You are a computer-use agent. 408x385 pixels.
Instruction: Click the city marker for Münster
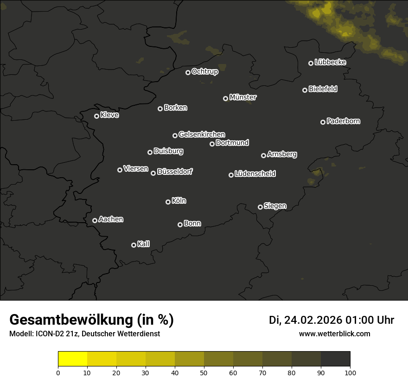(x=225, y=98)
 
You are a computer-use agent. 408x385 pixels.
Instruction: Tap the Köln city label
(x=179, y=201)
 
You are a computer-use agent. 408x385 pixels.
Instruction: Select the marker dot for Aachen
(x=95, y=220)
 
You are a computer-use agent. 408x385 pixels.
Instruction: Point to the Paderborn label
(x=343, y=121)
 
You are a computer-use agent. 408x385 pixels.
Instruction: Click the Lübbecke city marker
(x=311, y=63)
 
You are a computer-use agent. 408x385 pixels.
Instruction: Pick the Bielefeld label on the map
(x=323, y=89)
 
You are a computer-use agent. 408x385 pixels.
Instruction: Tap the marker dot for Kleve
(x=96, y=116)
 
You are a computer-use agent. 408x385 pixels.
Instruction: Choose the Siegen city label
(x=275, y=206)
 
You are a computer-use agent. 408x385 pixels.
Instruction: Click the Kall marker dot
(x=134, y=245)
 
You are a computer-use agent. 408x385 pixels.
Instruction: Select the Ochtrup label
(x=204, y=71)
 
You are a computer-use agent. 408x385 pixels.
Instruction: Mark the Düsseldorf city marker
(x=153, y=173)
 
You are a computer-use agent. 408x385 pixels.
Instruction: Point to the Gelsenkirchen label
(x=202, y=135)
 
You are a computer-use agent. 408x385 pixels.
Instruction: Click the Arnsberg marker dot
(x=263, y=155)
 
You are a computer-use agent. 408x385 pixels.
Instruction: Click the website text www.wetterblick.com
(x=335, y=334)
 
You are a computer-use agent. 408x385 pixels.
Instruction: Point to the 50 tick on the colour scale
(x=204, y=372)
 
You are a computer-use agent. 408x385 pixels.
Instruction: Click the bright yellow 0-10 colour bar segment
(x=73, y=359)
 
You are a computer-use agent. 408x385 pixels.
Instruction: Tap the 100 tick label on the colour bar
(x=350, y=372)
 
